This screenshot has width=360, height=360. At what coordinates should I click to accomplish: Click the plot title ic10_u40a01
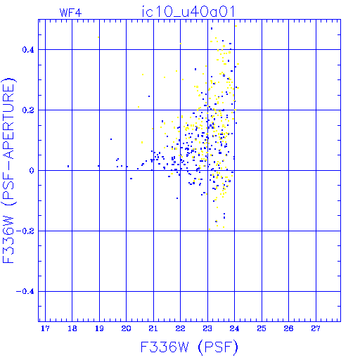pos(188,12)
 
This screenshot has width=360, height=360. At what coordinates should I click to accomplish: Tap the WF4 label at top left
pos(70,13)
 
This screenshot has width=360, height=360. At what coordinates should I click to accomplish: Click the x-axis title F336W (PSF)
pos(189,347)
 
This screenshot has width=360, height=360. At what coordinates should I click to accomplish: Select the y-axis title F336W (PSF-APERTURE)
pos(8,171)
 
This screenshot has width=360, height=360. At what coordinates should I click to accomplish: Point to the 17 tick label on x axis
pos(45,328)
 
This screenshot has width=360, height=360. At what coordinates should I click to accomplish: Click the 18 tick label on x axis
pos(72,328)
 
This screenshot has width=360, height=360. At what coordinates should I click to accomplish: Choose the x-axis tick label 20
pos(126,328)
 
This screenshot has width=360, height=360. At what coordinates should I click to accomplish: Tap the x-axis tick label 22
pos(180,328)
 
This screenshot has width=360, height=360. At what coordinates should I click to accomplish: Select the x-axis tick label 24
pos(234,328)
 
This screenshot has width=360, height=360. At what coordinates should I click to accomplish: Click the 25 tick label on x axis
pos(262,328)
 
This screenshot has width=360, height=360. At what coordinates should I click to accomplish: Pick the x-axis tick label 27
pos(316,328)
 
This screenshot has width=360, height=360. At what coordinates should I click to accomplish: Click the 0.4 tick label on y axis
pos(28,50)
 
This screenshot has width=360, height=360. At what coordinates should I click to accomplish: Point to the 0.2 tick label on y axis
pos(28,110)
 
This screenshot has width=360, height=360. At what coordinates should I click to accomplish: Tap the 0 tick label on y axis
pos(32,171)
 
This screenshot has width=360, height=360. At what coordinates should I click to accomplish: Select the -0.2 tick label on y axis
pos(25,231)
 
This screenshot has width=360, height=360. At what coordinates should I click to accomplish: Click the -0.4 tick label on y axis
pos(25,292)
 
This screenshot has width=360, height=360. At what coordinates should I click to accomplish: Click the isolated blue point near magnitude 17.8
pos(68,166)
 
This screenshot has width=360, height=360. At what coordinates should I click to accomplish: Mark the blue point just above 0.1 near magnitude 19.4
pos(111,139)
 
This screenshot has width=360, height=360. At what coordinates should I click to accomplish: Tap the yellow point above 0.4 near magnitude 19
pos(98,37)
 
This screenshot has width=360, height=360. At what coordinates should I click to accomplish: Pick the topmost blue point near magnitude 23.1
pos(212,29)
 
